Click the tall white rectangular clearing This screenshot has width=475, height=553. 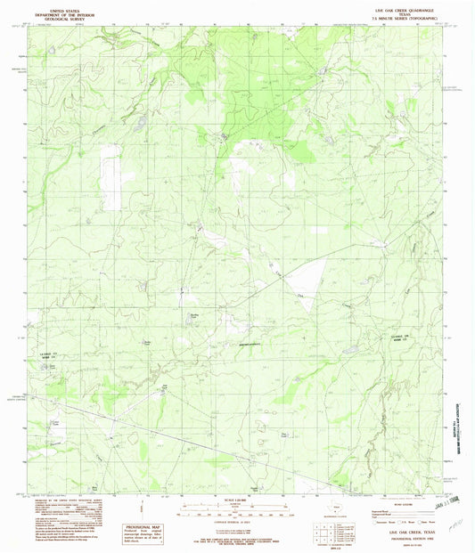coord(111,178)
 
